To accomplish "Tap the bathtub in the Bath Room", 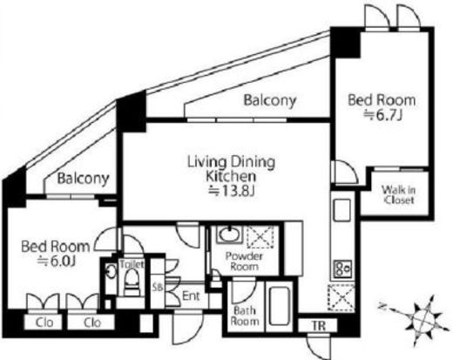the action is click(280, 306).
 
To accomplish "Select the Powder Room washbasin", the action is click(229, 234).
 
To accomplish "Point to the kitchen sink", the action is click(342, 210).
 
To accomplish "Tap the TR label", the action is click(319, 326).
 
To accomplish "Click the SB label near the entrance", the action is click(158, 287).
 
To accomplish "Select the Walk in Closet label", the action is click(398, 195).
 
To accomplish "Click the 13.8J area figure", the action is click(232, 191).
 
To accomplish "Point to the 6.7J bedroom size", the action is click(383, 115).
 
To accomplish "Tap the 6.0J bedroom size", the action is click(57, 262).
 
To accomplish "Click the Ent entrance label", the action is click(191, 296).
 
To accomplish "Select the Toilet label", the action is click(132, 264).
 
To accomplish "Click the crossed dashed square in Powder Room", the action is click(260, 237).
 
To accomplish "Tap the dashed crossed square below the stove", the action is click(341, 297).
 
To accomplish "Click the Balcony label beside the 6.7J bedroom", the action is click(270, 100).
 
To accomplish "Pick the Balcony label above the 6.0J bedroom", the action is click(83, 179).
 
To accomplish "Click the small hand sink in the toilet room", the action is click(111, 272).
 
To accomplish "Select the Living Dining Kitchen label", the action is click(231, 169).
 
